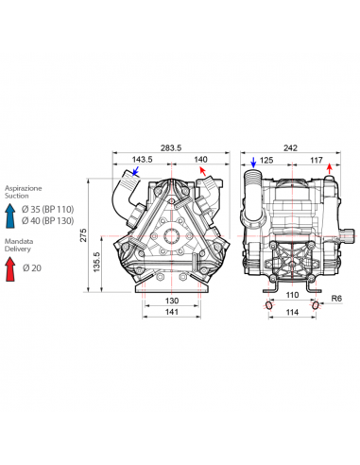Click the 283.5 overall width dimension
coord(171,147)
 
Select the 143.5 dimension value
coord(142,160)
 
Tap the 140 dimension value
coord(200,160)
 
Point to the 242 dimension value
coord(290,147)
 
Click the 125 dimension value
coord(266,161)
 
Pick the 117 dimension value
coord(317,161)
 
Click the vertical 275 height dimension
coord(83,235)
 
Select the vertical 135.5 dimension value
coord(96,262)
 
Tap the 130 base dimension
coord(172,301)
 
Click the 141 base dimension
coord(172,312)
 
